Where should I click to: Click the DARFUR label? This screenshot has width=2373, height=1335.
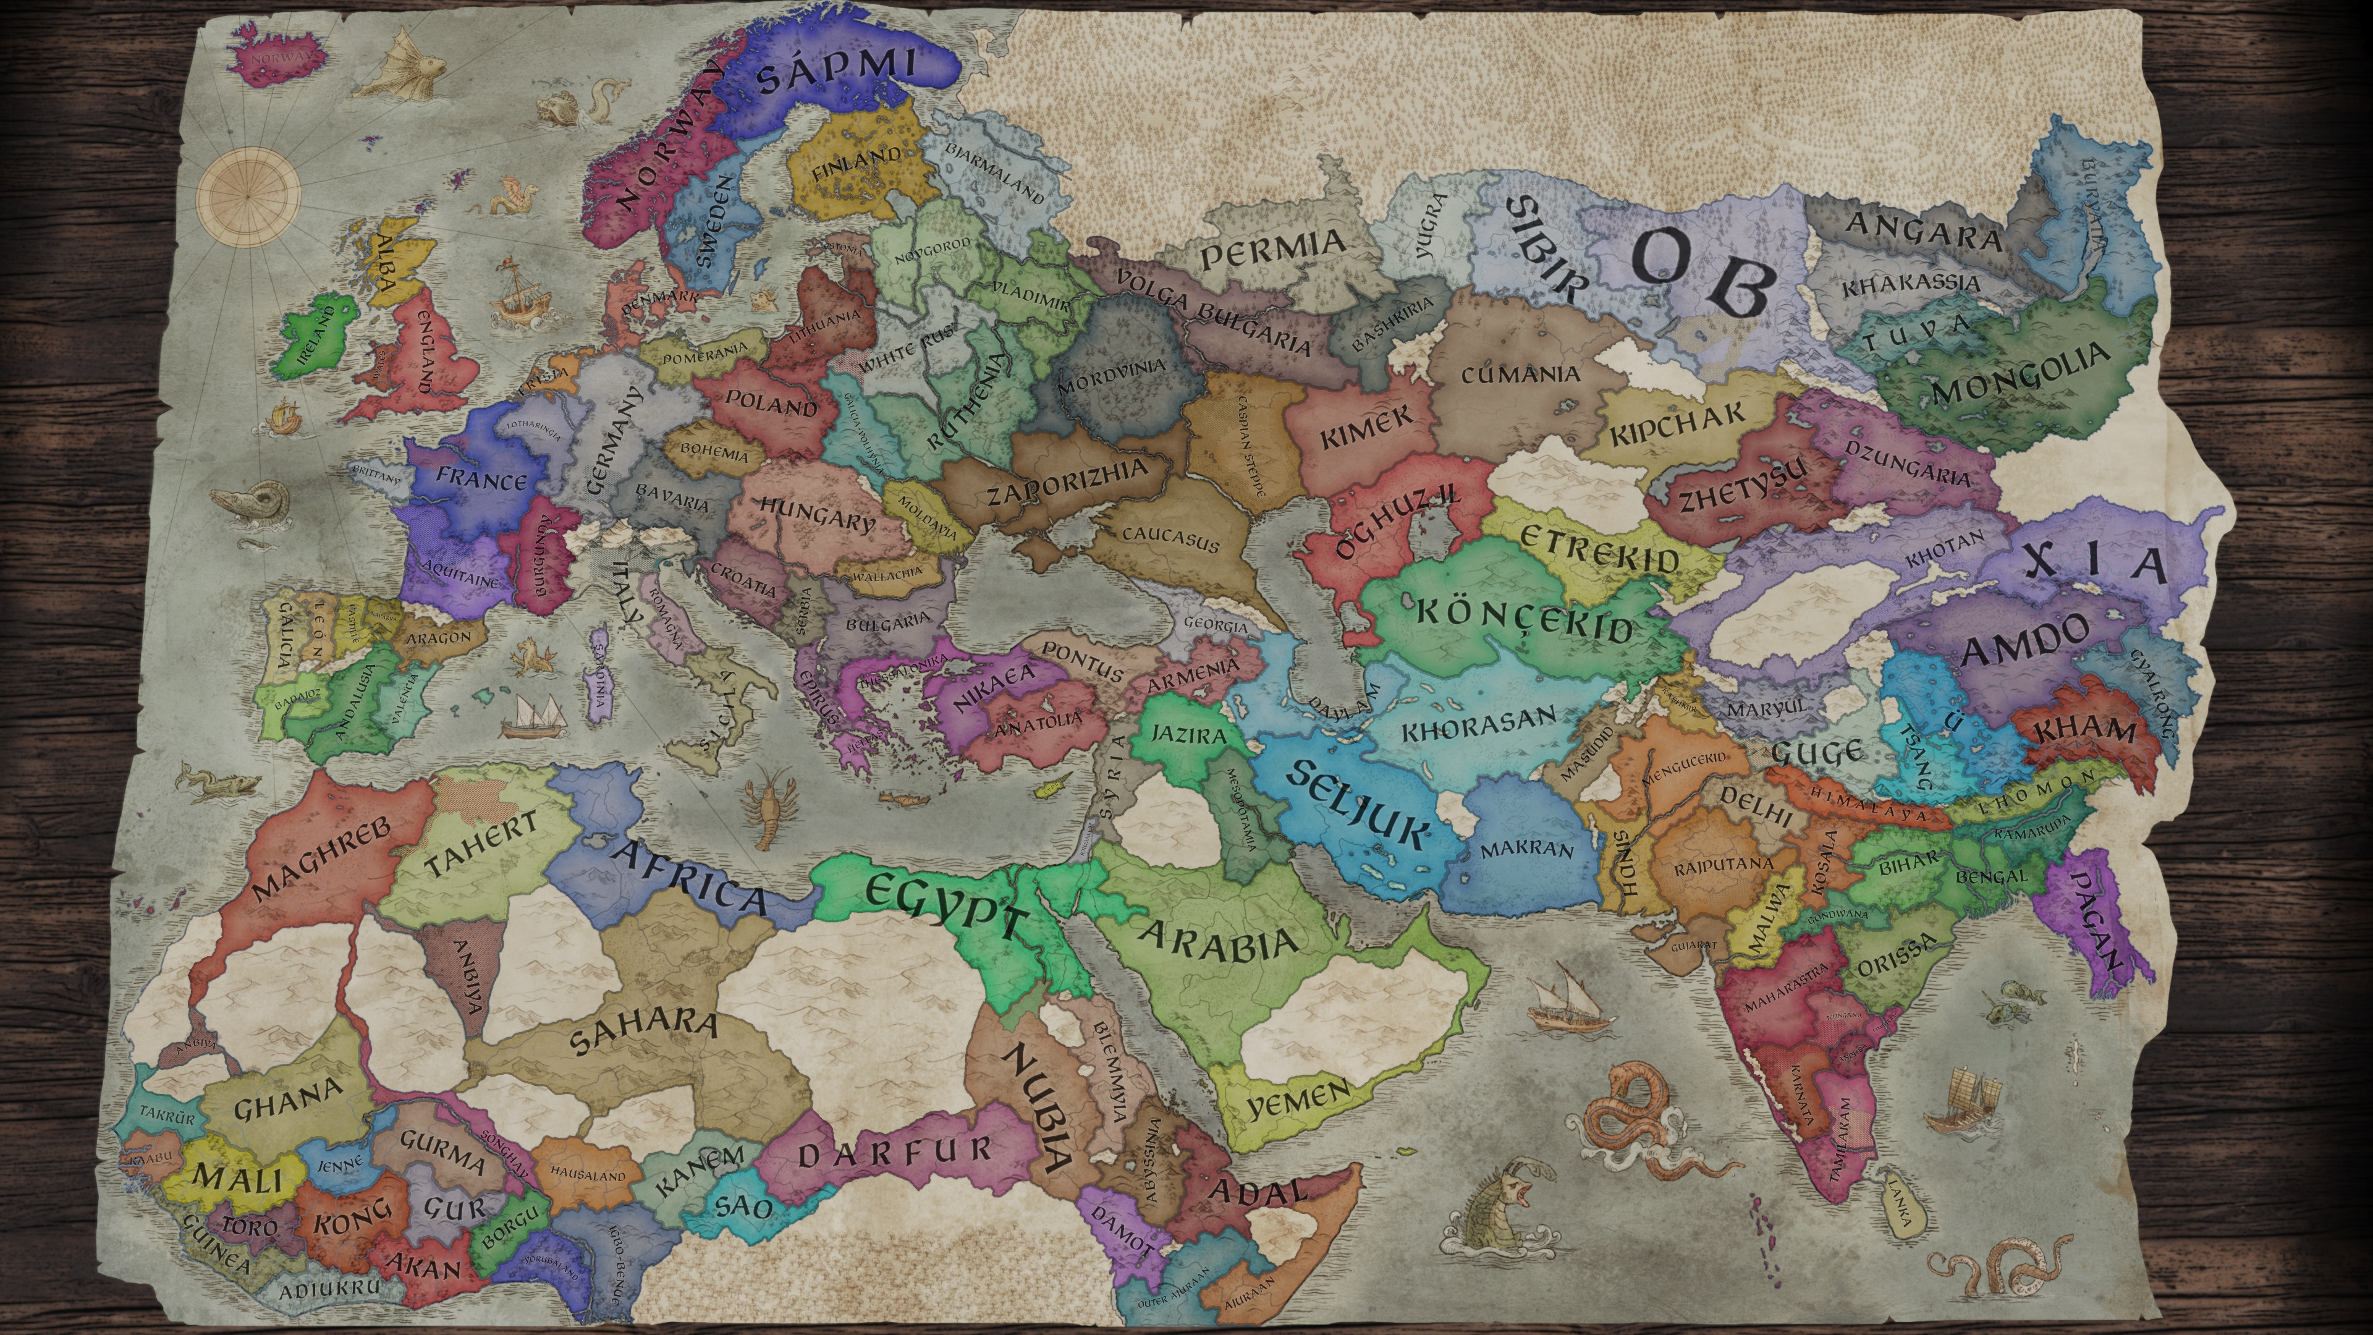click(x=894, y=1151)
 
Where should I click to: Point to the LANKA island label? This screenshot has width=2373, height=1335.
click(x=1898, y=1202)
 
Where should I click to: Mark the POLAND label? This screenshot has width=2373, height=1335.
click(x=771, y=402)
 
